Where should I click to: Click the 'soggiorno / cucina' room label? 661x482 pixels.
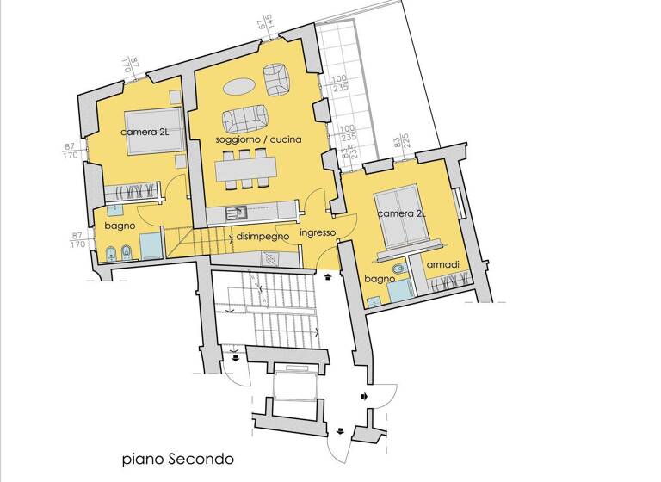click(245, 139)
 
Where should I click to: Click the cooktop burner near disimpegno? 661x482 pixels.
click(271, 257)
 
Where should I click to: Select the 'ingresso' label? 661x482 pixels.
click(317, 232)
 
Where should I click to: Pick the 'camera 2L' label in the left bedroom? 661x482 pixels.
click(146, 132)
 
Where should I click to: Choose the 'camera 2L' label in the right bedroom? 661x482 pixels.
click(401, 212)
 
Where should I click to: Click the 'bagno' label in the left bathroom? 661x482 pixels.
click(118, 226)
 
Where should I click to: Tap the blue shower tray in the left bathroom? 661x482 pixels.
click(150, 244)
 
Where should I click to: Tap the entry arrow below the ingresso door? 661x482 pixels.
click(328, 278)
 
